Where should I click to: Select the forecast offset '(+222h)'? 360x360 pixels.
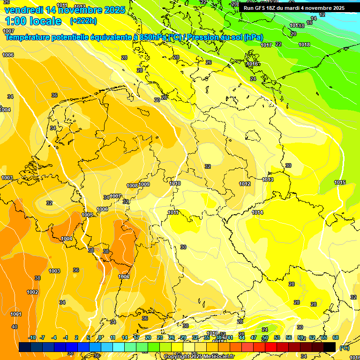(x=83, y=21)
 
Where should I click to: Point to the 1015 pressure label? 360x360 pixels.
(x=340, y=182)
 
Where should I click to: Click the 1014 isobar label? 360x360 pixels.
(x=257, y=212)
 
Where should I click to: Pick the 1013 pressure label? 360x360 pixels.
(x=268, y=180)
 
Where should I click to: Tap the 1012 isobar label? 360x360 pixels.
(x=245, y=184)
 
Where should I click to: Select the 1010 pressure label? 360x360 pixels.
(x=175, y=183)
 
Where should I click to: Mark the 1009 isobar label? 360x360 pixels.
(x=144, y=184)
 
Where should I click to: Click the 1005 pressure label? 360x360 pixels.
(x=87, y=215)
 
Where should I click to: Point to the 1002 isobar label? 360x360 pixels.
(x=32, y=292)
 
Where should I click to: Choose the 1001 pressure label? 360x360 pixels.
(x=16, y=314)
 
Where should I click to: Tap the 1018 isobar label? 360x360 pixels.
(x=304, y=45)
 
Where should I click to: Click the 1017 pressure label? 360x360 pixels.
(x=266, y=45)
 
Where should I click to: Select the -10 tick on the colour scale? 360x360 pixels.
(x=32, y=337)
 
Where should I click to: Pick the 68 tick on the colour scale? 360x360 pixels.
(x=336, y=337)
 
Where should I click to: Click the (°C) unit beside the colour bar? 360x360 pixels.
(x=344, y=348)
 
